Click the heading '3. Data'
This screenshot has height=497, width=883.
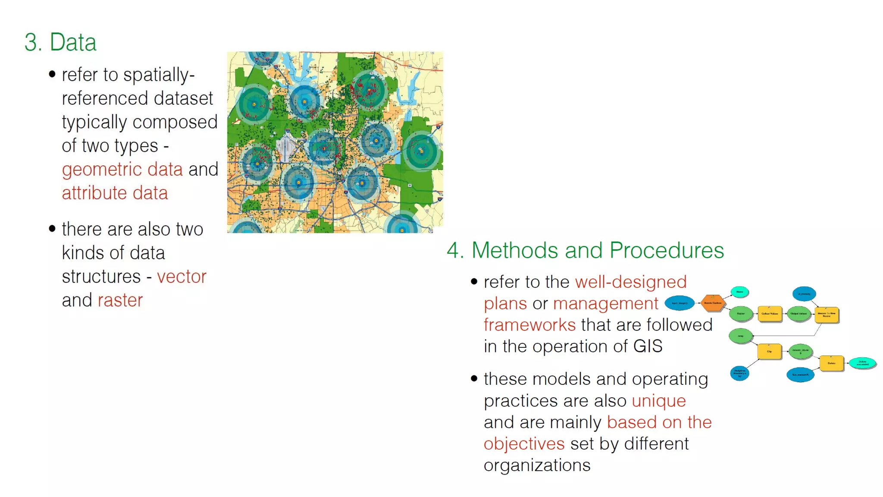coord(60,42)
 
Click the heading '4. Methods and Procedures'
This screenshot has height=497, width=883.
coord(585,250)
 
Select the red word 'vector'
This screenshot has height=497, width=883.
coord(182,277)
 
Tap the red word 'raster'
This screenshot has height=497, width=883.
coord(120,300)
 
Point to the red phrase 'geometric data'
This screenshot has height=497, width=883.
coord(122,169)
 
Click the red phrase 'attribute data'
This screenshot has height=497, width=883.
coord(115,193)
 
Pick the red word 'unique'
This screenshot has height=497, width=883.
coord(658,401)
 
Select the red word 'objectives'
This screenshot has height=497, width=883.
coord(524,444)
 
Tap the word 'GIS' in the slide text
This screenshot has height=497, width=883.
coord(648,346)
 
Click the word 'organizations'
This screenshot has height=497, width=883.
coord(537,465)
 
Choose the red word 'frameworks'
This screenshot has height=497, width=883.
coord(529,325)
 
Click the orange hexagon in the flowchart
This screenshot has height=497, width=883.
coord(712,303)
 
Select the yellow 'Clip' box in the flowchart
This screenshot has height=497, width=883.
coord(769,351)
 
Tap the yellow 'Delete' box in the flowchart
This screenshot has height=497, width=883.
coord(831,363)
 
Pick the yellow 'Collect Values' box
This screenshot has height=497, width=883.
coord(770,314)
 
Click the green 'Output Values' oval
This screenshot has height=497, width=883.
coord(799,314)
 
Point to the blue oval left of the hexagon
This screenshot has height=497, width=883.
coord(679,303)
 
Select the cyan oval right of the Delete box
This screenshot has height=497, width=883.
coord(862,363)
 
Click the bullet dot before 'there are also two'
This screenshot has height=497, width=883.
coord(52,229)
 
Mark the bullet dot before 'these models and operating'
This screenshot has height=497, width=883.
coord(474,379)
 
